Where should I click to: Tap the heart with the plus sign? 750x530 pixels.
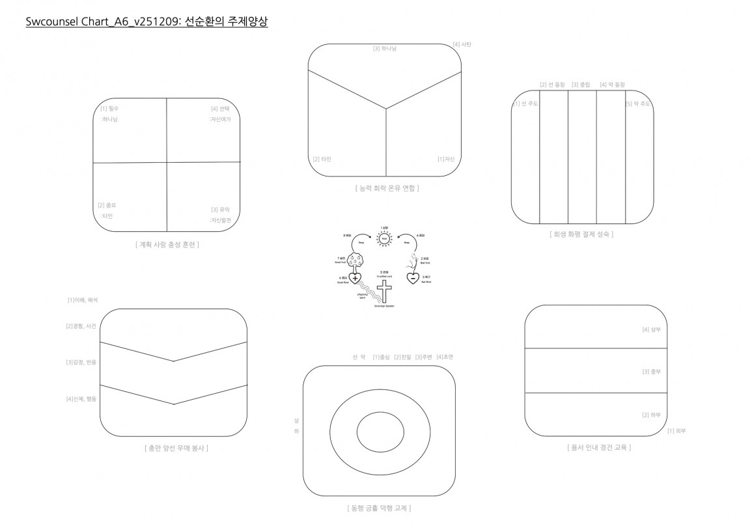tap(355, 279)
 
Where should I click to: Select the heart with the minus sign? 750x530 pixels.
tap(413, 278)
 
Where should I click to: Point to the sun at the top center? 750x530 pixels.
tap(384, 240)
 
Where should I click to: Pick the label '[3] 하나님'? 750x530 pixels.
tap(384, 48)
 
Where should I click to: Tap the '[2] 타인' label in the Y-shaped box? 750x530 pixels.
tap(322, 159)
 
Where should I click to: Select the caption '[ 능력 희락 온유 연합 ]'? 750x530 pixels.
tap(387, 188)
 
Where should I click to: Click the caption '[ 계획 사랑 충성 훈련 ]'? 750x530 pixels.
tap(167, 245)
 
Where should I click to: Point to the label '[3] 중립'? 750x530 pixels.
tap(582, 85)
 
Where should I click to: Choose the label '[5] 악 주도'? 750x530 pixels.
tap(638, 104)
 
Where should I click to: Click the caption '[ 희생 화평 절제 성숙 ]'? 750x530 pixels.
tap(581, 234)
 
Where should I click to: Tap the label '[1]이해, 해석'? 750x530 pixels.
tap(83, 300)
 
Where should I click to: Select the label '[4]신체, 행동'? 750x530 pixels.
tap(81, 398)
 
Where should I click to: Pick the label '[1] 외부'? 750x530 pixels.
tap(676, 431)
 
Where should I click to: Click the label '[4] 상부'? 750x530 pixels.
tap(651, 330)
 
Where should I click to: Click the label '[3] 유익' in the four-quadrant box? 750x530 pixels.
tap(220, 210)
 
